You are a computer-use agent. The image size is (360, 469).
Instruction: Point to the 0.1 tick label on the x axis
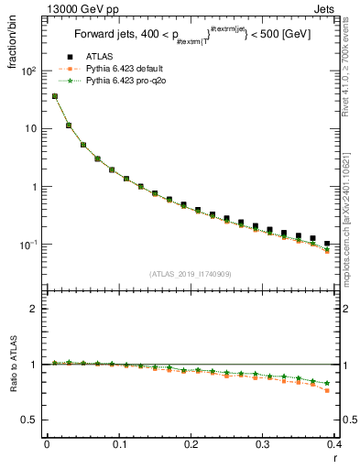click(x=119, y=445)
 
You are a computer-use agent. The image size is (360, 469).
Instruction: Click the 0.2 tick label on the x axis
click(x=191, y=445)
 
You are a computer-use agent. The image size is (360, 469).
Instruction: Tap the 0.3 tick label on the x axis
click(x=264, y=445)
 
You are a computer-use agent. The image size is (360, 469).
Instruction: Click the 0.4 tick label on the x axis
click(x=335, y=445)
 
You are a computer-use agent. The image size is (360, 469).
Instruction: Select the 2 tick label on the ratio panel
click(x=31, y=309)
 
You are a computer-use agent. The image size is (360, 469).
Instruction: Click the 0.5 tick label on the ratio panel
click(x=27, y=420)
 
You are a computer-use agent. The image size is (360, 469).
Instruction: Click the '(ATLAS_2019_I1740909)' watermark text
click(x=191, y=273)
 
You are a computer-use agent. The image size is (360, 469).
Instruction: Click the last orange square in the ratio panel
click(x=353, y=390)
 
